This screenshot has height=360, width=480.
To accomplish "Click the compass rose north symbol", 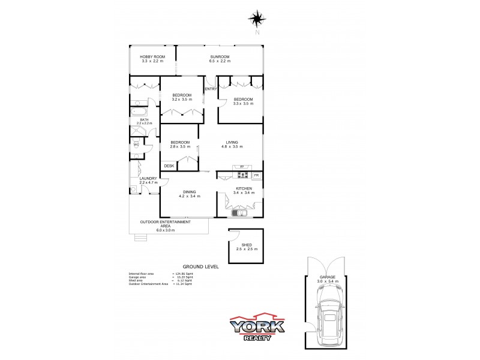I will (257, 20).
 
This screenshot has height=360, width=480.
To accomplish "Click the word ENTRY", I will (211, 89).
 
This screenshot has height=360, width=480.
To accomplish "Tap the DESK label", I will (169, 166).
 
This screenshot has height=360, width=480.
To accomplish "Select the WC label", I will (136, 145).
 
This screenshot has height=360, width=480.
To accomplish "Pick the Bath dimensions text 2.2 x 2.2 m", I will (144, 123).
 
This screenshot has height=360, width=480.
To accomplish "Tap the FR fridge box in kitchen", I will (256, 175).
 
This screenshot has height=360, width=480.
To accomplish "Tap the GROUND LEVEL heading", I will (200, 266).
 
